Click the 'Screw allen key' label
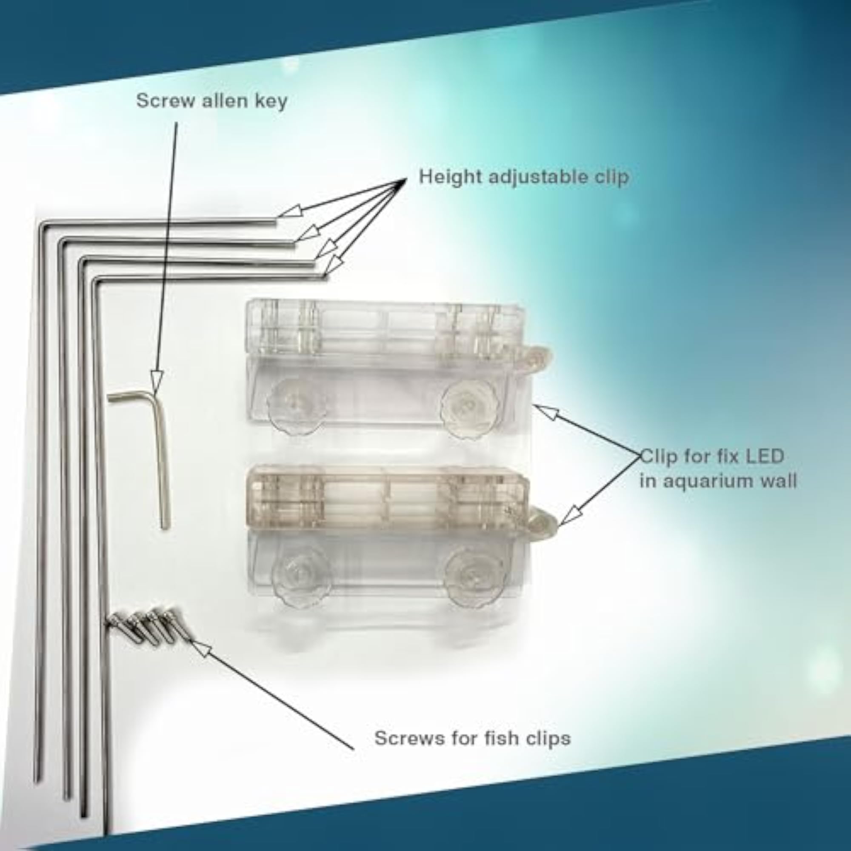coord(211,101)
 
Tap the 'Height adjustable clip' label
coord(524,177)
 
